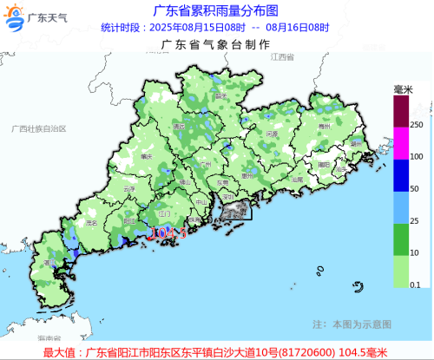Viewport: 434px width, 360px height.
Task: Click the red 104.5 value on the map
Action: [168, 233]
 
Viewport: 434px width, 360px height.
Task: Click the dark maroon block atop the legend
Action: [400, 110]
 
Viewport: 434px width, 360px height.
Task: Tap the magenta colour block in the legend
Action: [400, 142]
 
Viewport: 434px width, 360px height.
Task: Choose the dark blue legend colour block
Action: [400, 173]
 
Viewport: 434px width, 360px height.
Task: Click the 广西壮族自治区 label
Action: [39, 128]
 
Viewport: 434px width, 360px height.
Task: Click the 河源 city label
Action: [272, 134]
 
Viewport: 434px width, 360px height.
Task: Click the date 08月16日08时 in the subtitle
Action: [298, 27]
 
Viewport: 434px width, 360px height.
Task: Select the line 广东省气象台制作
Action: [215, 43]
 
